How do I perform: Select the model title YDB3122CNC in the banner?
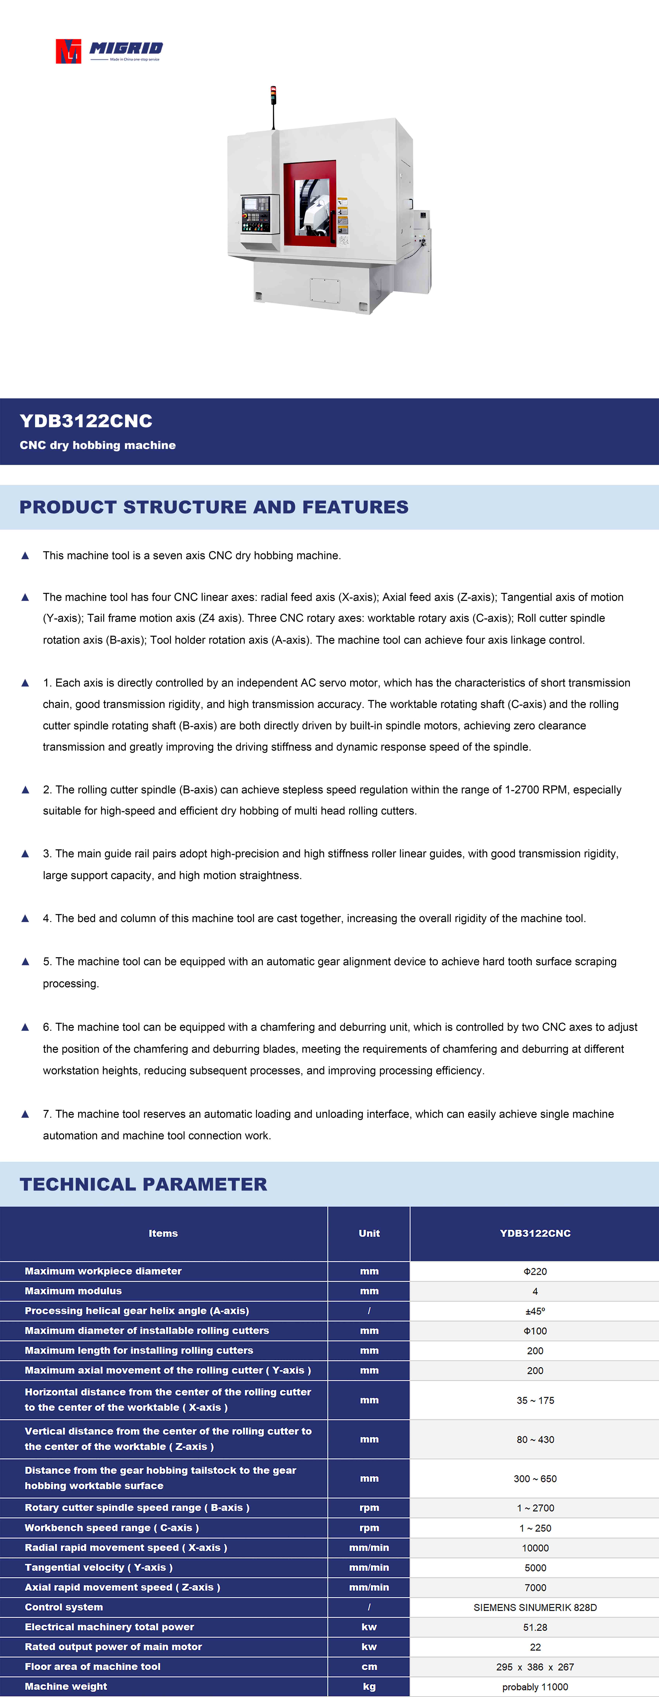pyautogui.click(x=86, y=421)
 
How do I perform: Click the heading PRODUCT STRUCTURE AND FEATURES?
pyautogui.click(x=214, y=507)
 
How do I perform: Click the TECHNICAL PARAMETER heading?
pyautogui.click(x=144, y=1184)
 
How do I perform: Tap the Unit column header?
pyautogui.click(x=369, y=1233)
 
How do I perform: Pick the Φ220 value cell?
pyautogui.click(x=535, y=1272)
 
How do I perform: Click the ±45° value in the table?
pyautogui.click(x=535, y=1311)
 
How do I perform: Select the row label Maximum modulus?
pyautogui.click(x=73, y=1291)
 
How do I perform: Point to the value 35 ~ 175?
pyautogui.click(x=535, y=1401)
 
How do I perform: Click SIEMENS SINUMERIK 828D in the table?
pyautogui.click(x=535, y=1607)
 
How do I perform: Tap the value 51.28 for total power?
pyautogui.click(x=535, y=1627)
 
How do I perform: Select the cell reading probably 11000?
pyautogui.click(x=535, y=1687)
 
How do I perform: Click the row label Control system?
pyautogui.click(x=64, y=1607)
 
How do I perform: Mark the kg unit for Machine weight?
pyautogui.click(x=369, y=1687)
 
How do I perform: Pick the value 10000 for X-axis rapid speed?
pyautogui.click(x=535, y=1548)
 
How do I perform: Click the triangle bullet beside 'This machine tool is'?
pyautogui.click(x=25, y=555)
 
